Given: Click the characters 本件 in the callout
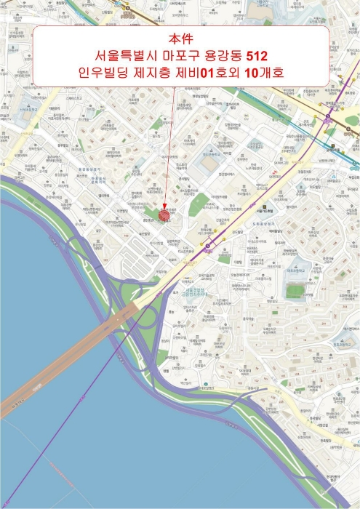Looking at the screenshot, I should (x=180, y=39).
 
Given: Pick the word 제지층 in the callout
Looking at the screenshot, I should (x=157, y=73).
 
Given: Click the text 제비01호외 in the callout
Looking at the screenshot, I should (x=214, y=73).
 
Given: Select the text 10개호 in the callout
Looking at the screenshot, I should (x=264, y=73).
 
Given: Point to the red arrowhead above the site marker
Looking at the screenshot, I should (x=164, y=207).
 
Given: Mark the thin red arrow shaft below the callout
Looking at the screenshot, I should (x=169, y=145).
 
